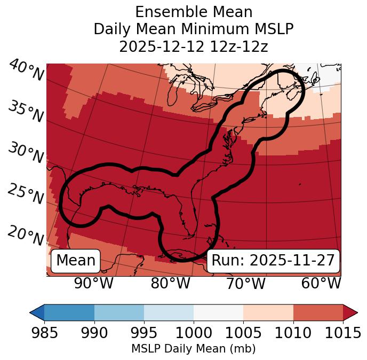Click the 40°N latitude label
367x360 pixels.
coord(26,71)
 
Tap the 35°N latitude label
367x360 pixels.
coord(26,112)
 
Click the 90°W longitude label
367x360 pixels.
coord(93,284)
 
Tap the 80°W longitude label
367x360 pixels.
coord(170,284)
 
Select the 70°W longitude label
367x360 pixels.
coord(245,284)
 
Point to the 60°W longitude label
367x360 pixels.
coord(321,284)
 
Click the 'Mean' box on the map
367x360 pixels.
coord(76,261)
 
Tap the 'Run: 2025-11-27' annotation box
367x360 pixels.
coord(273,261)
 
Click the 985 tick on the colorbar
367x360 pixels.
coord(44,333)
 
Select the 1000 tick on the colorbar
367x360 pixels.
coord(194,333)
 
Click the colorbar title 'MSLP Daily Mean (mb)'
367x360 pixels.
coord(193,349)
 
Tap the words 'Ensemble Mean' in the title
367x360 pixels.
coord(194,12)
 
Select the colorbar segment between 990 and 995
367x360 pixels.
coord(119,312)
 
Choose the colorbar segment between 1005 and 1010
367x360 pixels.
coord(268,312)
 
